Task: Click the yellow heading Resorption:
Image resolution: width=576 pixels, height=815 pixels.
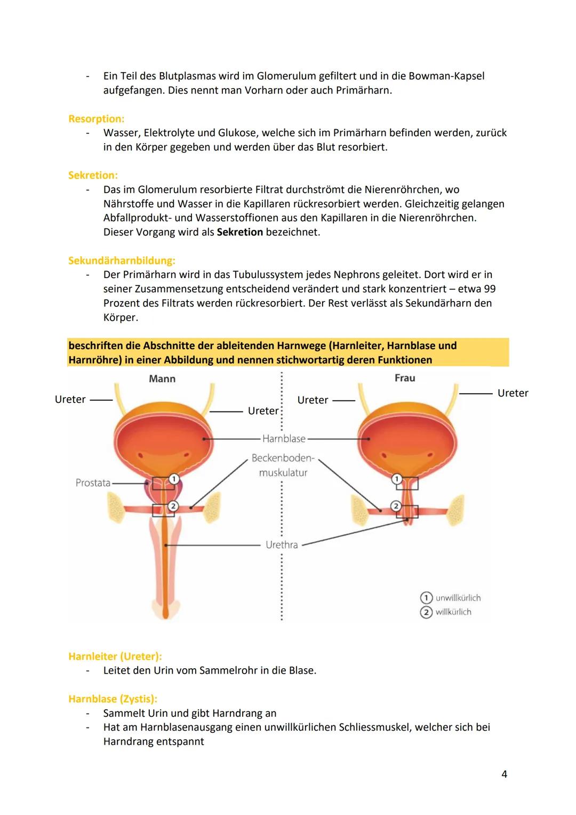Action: tap(96, 118)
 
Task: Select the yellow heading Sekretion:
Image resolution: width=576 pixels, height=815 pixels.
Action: tap(93, 175)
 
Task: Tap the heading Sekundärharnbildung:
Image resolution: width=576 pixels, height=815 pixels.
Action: tap(122, 260)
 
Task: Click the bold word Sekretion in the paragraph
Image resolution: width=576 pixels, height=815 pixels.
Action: tap(239, 232)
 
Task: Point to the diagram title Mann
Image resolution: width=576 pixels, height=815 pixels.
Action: tap(162, 378)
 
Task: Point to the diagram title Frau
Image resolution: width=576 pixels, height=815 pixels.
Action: tap(404, 378)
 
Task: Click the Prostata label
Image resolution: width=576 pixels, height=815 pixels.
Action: tap(93, 482)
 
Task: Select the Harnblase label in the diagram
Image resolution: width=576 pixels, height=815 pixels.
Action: tap(284, 439)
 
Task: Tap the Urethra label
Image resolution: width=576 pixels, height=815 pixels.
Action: tap(282, 545)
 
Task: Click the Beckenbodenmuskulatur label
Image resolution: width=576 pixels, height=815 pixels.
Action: tap(283, 465)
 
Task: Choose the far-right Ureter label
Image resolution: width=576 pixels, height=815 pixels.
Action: tap(513, 393)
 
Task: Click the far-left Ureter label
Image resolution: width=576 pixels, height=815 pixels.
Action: tap(70, 399)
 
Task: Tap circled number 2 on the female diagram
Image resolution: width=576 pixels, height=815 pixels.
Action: tap(396, 506)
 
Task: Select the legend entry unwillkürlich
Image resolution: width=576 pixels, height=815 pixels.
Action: tap(458, 598)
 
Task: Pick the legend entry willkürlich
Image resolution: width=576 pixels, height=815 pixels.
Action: tap(453, 612)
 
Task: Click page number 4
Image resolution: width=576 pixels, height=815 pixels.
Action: tap(504, 774)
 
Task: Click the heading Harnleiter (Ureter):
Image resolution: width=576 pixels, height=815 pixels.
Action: tap(115, 656)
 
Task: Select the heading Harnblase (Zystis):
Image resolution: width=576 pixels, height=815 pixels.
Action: tap(113, 699)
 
